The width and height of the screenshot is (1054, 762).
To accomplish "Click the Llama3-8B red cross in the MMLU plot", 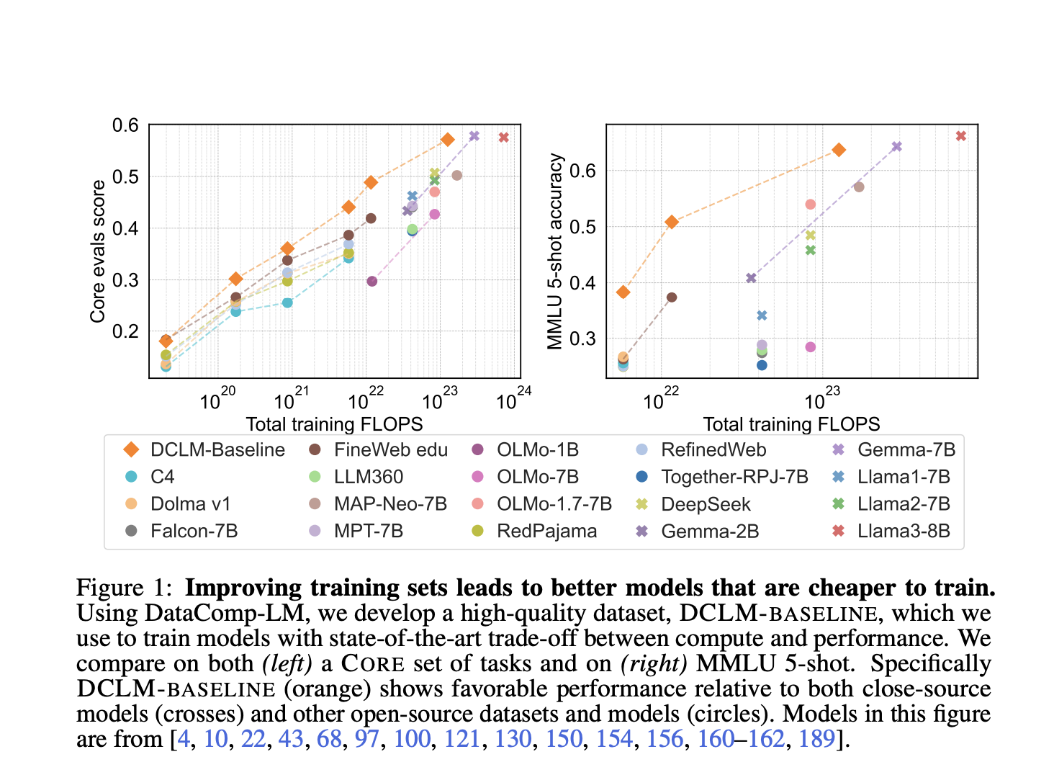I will click(960, 136).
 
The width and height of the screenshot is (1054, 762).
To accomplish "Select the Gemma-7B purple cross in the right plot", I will click(896, 147).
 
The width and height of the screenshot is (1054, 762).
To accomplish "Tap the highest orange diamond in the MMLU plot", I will click(838, 150).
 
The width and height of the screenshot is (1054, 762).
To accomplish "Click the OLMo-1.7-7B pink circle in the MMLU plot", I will click(810, 205).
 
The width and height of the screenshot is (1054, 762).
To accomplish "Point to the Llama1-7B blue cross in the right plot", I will click(762, 315).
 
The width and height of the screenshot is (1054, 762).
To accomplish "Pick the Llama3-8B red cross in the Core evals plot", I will click(504, 138).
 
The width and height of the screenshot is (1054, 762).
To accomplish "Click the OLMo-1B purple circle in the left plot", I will click(371, 281).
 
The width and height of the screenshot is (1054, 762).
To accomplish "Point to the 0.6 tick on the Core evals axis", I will click(125, 126).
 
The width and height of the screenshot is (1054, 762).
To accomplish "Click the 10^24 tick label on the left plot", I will click(513, 399).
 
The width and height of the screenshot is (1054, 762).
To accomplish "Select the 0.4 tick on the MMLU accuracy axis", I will click(583, 282).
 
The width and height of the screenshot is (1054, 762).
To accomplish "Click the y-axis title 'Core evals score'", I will click(98, 251).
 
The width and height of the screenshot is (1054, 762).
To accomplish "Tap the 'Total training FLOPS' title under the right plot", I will click(791, 424).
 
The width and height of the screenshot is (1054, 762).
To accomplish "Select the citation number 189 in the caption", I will click(816, 739).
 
